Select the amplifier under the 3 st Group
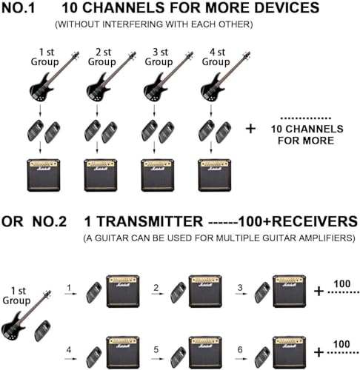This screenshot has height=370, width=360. (x=157, y=174)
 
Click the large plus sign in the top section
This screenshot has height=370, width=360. (x=250, y=128)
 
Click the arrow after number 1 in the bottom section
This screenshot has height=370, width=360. (x=70, y=294)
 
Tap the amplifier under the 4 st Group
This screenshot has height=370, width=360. (x=214, y=174)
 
